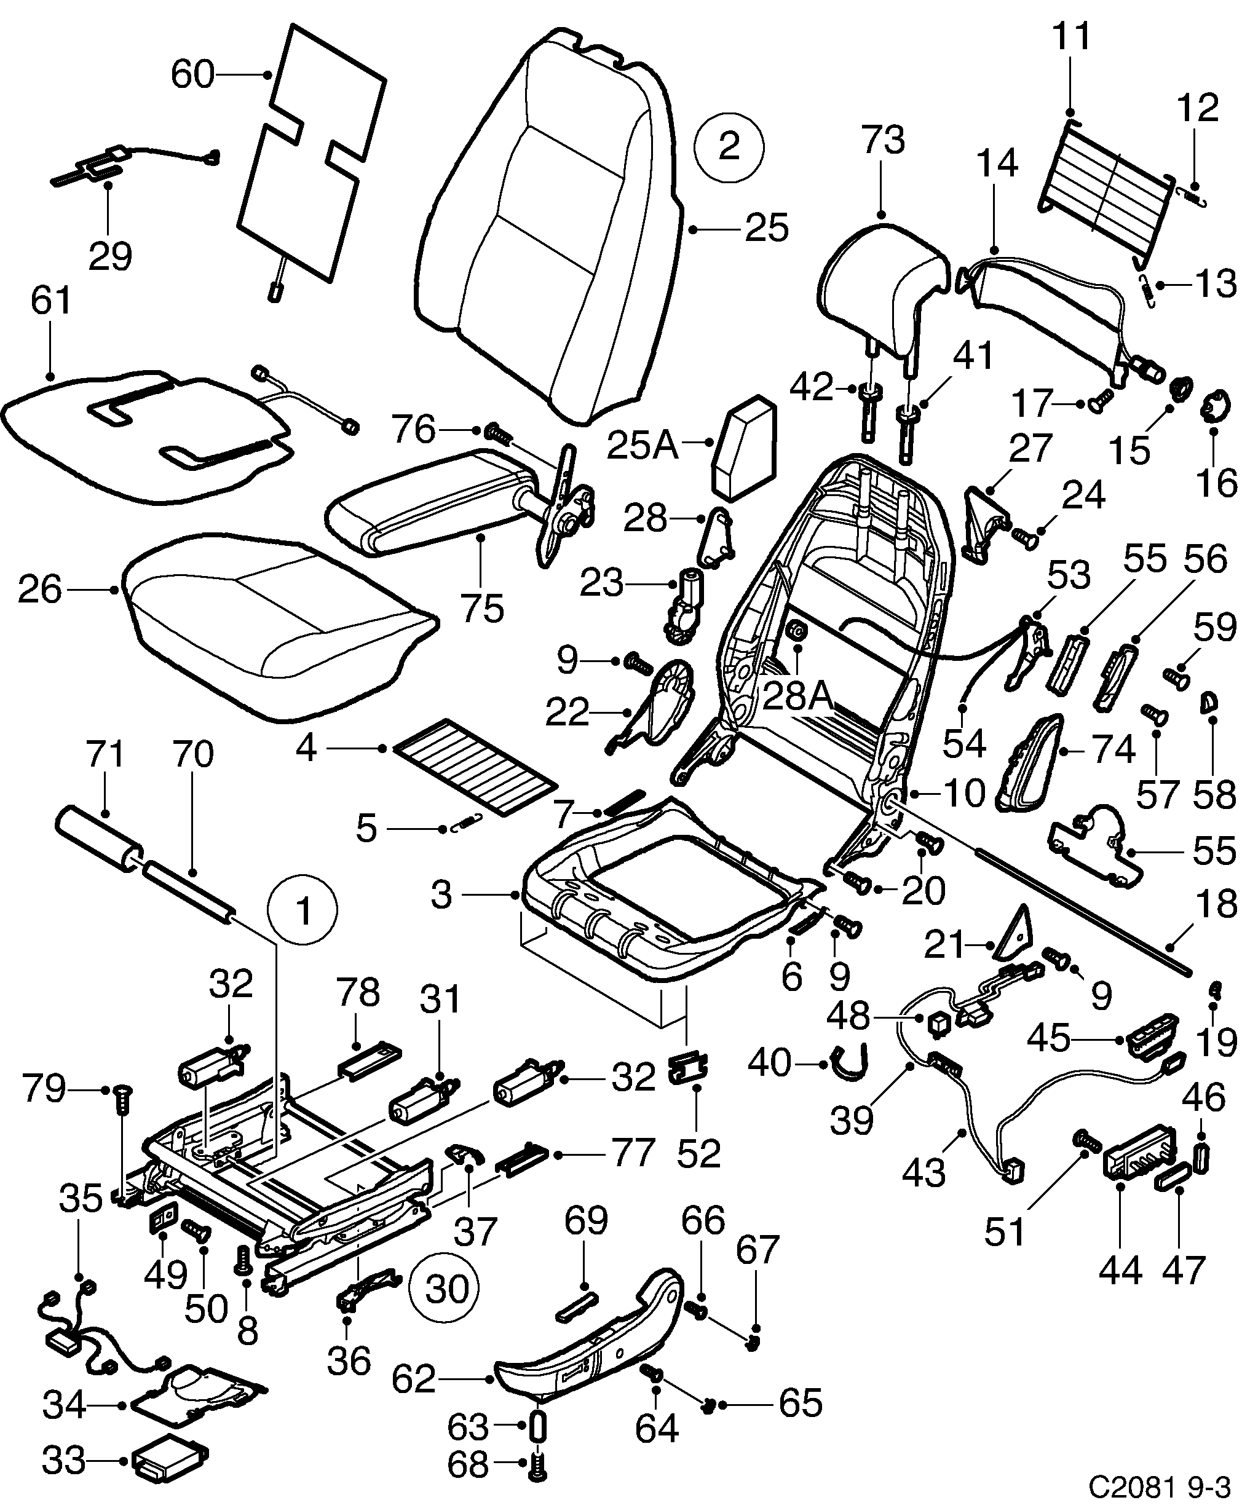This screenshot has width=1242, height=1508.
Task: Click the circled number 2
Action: click(729, 148)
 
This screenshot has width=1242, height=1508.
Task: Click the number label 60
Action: click(192, 74)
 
